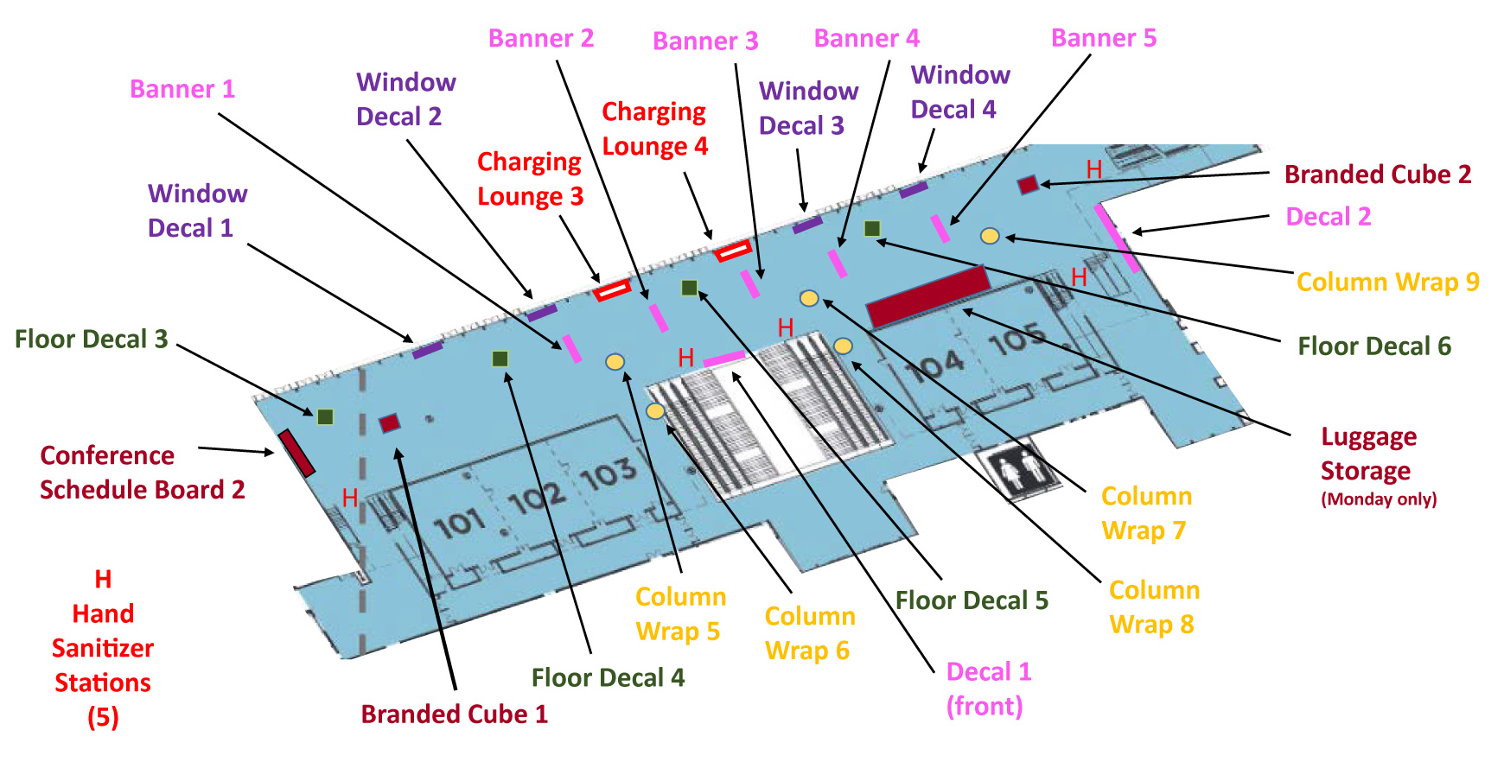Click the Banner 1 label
[x=182, y=89]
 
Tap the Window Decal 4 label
[x=959, y=92]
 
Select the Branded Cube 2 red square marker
[x=1028, y=184]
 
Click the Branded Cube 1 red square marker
[x=390, y=422]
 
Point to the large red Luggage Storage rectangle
[x=927, y=296]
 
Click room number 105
[x=1016, y=340]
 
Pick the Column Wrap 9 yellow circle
[x=990, y=236]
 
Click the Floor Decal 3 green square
[x=325, y=417]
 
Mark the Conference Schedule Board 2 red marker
[x=296, y=453]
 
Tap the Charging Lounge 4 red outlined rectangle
[x=732, y=251]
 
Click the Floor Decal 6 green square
[x=872, y=228]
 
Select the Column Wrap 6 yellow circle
[x=655, y=410]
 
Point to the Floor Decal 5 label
[x=972, y=600]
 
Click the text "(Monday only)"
[x=1379, y=499]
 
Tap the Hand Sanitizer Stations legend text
[x=103, y=648]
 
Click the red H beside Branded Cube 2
[x=1094, y=169]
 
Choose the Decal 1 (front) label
[x=988, y=689]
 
